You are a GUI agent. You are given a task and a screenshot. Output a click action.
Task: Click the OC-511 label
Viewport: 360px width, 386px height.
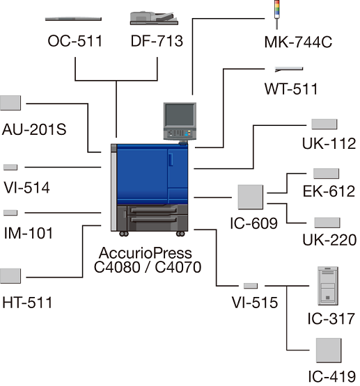(75, 41)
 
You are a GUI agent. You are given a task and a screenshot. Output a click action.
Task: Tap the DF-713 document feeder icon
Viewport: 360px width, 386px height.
(154, 18)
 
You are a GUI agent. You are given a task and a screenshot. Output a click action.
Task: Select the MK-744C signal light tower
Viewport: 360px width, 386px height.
(277, 15)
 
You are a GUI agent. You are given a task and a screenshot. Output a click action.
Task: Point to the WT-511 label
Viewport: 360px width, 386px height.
(291, 89)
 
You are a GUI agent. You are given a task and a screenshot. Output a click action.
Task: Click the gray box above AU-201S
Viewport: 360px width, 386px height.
(10, 103)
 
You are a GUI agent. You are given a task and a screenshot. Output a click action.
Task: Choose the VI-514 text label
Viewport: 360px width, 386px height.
(26, 188)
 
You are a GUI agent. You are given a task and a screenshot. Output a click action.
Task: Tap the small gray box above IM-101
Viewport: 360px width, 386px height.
(10, 213)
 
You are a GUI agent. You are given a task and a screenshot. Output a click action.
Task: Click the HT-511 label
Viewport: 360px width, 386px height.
(27, 303)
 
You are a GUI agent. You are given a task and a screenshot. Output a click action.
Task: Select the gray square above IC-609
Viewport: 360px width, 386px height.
(251, 198)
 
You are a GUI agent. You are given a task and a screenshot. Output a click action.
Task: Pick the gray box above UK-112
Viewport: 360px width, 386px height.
(324, 124)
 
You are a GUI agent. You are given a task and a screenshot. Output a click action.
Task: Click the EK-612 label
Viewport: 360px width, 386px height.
(329, 191)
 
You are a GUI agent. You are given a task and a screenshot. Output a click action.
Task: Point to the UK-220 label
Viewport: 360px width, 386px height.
(329, 239)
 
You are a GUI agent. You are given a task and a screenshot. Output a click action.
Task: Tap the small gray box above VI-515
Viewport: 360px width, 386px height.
(251, 286)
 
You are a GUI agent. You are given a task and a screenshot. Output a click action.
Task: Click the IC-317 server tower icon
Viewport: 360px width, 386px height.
(328, 286)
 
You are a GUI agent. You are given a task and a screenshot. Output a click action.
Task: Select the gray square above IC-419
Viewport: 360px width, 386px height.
(329, 351)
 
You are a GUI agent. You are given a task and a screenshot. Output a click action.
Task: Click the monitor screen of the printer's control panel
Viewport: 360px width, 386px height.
(180, 115)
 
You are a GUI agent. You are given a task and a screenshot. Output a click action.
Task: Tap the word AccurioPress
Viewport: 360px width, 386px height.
(146, 253)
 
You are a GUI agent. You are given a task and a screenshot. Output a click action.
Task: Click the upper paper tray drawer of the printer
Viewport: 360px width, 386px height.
(154, 211)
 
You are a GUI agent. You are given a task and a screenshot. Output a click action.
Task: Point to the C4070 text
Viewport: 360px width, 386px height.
(178, 267)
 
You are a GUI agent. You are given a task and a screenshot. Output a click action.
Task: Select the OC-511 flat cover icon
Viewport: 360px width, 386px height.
(73, 19)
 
